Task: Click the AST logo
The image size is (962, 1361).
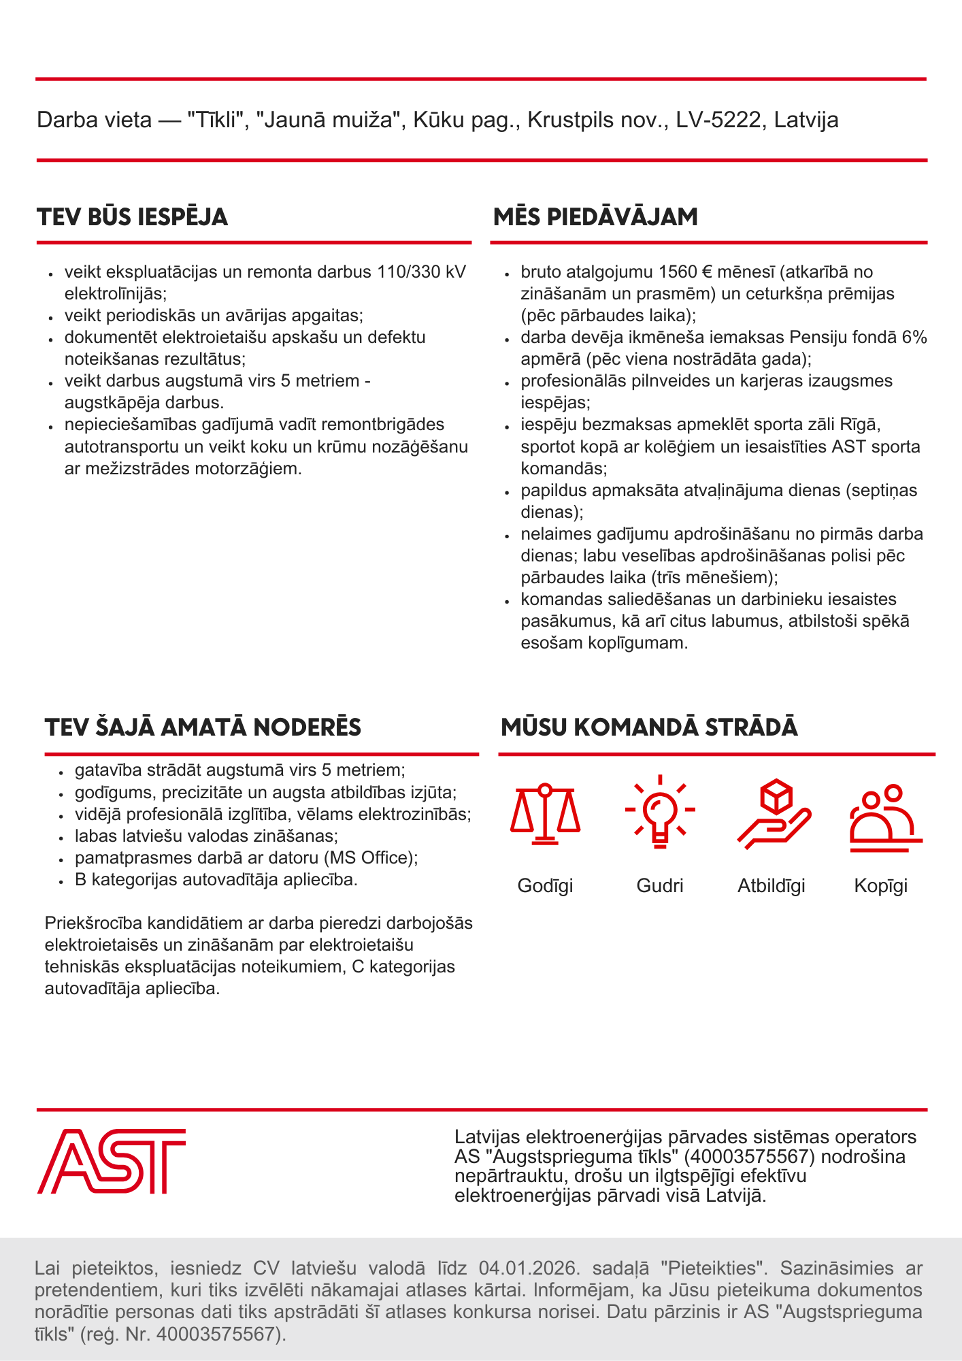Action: pos(112,1161)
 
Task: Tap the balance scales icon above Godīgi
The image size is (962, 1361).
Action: pos(545,814)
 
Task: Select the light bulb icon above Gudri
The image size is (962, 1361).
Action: pos(659,811)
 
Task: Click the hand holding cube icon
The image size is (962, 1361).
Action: pos(774,814)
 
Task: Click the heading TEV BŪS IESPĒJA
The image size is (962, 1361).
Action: pos(133,217)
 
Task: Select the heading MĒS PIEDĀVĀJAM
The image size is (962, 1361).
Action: pos(595,217)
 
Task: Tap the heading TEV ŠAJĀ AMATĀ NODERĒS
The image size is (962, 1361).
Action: pos(203,727)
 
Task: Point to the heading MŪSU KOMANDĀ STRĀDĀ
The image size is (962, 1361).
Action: pos(649,727)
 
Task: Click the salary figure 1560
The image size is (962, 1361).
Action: pos(678,272)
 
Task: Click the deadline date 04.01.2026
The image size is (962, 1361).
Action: pos(529,1268)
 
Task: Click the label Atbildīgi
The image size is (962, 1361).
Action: pos(772,886)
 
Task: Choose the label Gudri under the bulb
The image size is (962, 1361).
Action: pos(660,886)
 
